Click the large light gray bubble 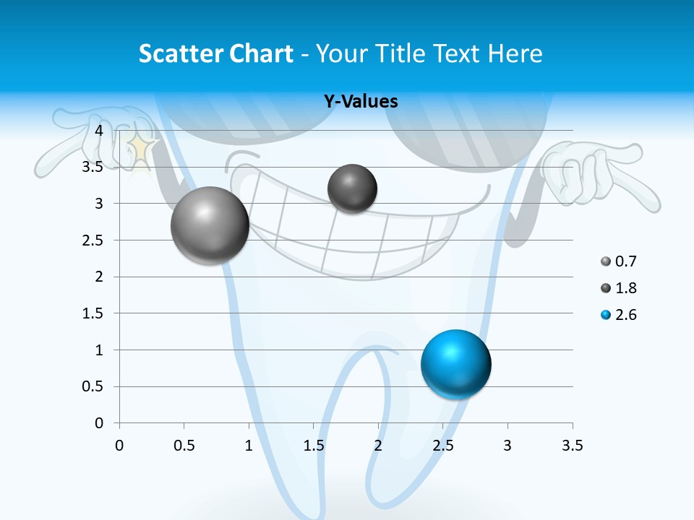click(210, 225)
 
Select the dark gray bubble click(352, 188)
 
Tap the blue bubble click(455, 364)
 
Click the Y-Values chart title click(361, 102)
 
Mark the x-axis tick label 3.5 click(572, 446)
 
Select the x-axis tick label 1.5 click(313, 446)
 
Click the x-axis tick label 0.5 click(184, 446)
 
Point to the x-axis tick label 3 click(507, 446)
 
